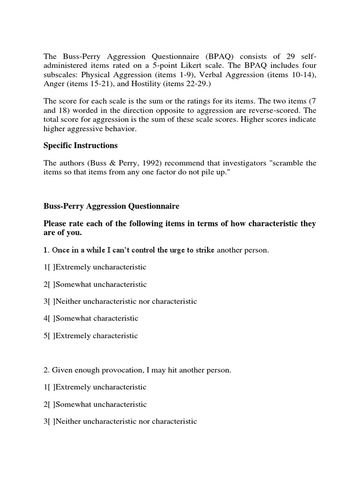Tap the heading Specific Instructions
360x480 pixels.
point(81,145)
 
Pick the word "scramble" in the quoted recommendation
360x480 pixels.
point(294,163)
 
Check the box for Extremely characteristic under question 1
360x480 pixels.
point(52,336)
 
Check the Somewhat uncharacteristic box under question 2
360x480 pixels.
point(52,404)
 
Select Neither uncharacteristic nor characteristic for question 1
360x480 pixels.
point(52,301)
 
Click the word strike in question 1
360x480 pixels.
point(206,250)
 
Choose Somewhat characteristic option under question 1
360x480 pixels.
point(52,318)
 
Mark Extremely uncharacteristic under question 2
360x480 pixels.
point(52,387)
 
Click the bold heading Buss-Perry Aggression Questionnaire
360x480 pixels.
point(111,206)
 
